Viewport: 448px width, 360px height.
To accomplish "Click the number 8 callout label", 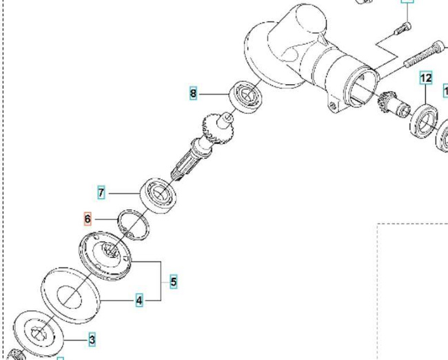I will [194, 93].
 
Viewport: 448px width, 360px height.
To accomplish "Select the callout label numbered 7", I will [101, 193].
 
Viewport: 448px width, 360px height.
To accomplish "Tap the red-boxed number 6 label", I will [88, 219].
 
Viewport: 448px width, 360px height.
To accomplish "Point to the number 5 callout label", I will [173, 281].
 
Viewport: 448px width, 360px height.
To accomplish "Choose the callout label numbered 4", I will [139, 300].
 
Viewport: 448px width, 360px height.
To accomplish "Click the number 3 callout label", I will [92, 339].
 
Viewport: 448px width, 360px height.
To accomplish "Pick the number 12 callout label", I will [426, 78].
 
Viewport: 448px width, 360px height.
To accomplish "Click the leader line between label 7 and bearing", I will [124, 193].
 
